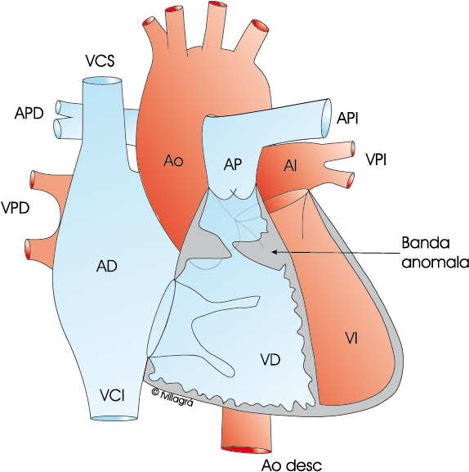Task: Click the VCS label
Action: [100, 61]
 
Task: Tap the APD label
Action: [29, 113]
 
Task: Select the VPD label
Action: [15, 208]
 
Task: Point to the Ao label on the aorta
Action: [173, 161]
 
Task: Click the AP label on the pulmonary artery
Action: [233, 164]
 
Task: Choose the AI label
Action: [290, 166]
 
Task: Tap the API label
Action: [347, 118]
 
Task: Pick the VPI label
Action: [376, 160]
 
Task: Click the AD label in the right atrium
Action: [107, 266]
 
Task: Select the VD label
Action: [270, 359]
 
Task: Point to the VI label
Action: [351, 339]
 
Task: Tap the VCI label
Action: [112, 395]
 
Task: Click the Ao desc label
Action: [292, 465]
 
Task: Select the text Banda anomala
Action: [435, 253]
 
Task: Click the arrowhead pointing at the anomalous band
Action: [274, 252]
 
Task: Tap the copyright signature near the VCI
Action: [172, 397]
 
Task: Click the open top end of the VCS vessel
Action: [102, 81]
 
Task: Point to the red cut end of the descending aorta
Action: [246, 450]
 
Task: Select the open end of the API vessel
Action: [327, 116]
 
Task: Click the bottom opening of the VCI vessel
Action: [114, 418]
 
